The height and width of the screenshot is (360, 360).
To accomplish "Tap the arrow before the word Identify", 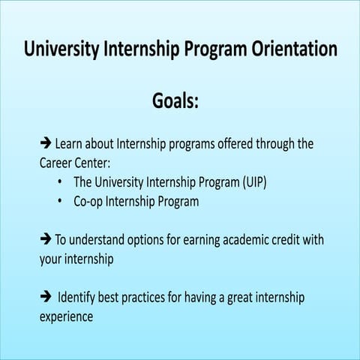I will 45,298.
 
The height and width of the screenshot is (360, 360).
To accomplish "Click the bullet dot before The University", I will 59,182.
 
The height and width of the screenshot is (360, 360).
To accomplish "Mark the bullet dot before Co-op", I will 59,202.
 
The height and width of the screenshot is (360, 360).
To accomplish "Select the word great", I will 226,298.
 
